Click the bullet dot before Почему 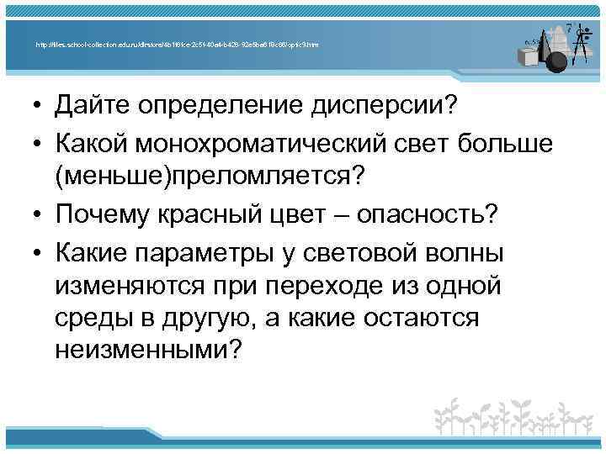click(x=39, y=214)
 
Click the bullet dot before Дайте click(x=39, y=108)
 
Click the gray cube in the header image click(x=529, y=56)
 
